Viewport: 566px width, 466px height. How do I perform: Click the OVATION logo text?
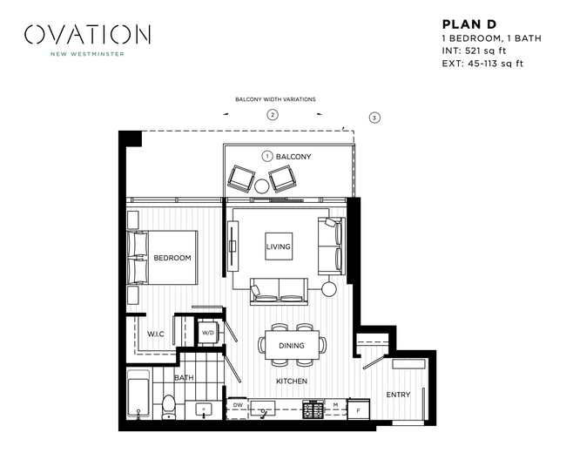click(x=87, y=35)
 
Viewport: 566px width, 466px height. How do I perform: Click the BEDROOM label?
click(x=172, y=258)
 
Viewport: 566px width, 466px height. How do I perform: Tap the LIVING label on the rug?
click(x=278, y=247)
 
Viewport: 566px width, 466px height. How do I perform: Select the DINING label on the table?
click(x=292, y=346)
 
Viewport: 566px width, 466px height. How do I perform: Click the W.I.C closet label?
click(x=157, y=334)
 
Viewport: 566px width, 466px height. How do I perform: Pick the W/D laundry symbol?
click(x=208, y=333)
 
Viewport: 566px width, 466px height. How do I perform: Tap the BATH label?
click(x=184, y=378)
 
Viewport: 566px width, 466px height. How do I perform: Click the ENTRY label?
click(x=398, y=395)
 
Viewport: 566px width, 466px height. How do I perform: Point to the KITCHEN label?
click(x=292, y=382)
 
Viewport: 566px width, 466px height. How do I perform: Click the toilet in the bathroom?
click(x=170, y=407)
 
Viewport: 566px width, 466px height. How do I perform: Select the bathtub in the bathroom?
click(x=138, y=396)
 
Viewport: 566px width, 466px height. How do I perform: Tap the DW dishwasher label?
click(x=238, y=405)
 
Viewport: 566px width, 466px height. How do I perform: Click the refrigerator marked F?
click(x=358, y=409)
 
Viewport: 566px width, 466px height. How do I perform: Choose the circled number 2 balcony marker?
click(x=273, y=115)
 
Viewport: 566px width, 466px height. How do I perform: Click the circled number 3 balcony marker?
click(x=374, y=117)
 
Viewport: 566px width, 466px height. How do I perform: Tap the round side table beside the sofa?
click(x=329, y=289)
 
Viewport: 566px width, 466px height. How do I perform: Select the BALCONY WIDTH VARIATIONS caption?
click(x=275, y=99)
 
